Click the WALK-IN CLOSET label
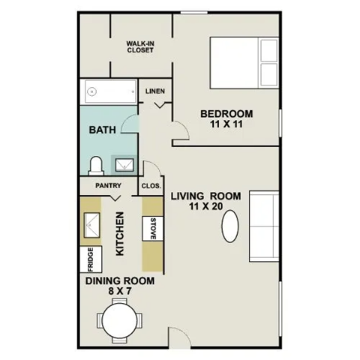[140, 46]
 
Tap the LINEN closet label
[155, 93]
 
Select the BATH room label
[103, 130]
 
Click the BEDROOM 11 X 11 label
[226, 119]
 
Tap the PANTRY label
[108, 185]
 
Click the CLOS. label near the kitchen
[151, 185]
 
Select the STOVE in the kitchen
[153, 226]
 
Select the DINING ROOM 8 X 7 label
[119, 286]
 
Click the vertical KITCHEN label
[119, 233]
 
